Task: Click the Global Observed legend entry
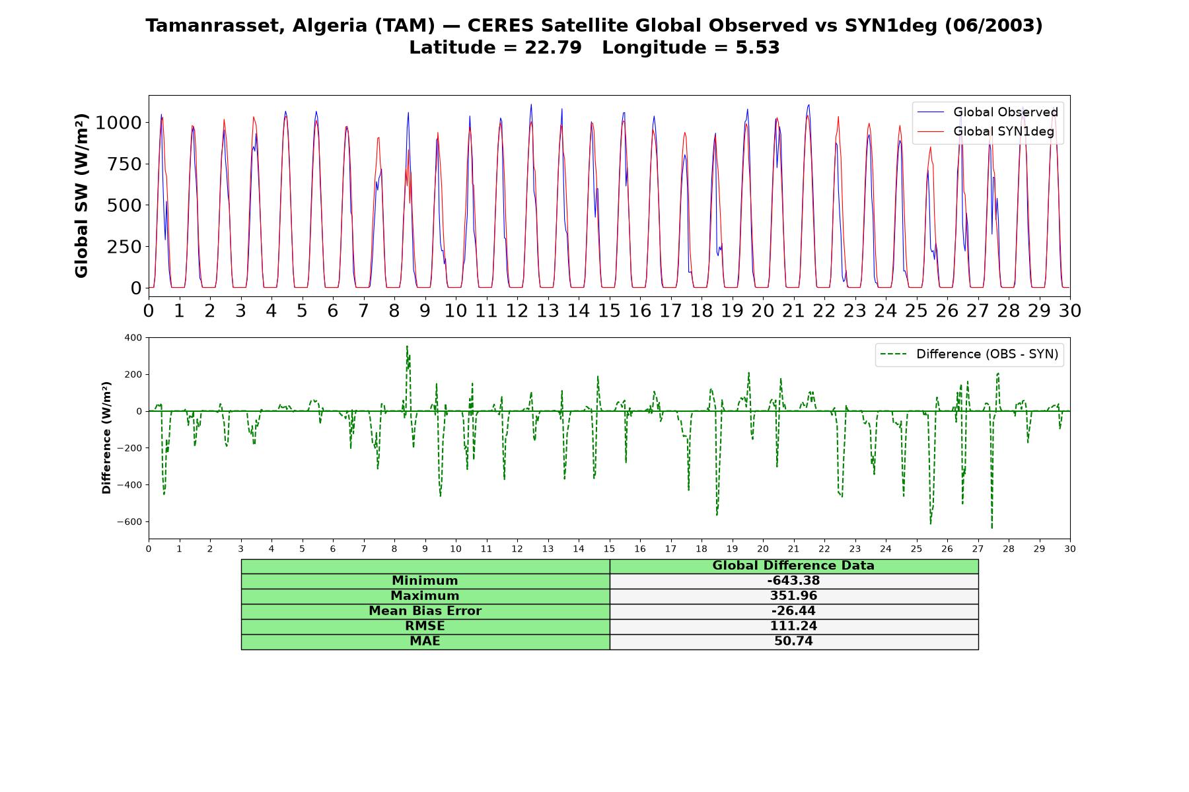(x=988, y=112)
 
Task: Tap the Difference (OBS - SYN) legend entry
(x=970, y=354)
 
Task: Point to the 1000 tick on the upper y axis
(x=118, y=123)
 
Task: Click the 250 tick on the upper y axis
(x=124, y=247)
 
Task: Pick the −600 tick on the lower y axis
(x=129, y=522)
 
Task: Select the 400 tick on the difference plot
(x=133, y=338)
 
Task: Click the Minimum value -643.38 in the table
(x=793, y=581)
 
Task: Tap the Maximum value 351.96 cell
(x=793, y=596)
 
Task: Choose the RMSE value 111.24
(x=793, y=626)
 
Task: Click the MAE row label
(x=425, y=642)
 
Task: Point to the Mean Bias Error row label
(x=425, y=611)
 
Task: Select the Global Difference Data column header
(x=793, y=566)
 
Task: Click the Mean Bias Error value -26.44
(x=793, y=611)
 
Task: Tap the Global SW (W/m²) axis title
(x=81, y=196)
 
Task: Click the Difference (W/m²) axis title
(x=106, y=438)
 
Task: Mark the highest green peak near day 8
(x=407, y=346)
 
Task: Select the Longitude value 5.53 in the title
(x=757, y=48)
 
